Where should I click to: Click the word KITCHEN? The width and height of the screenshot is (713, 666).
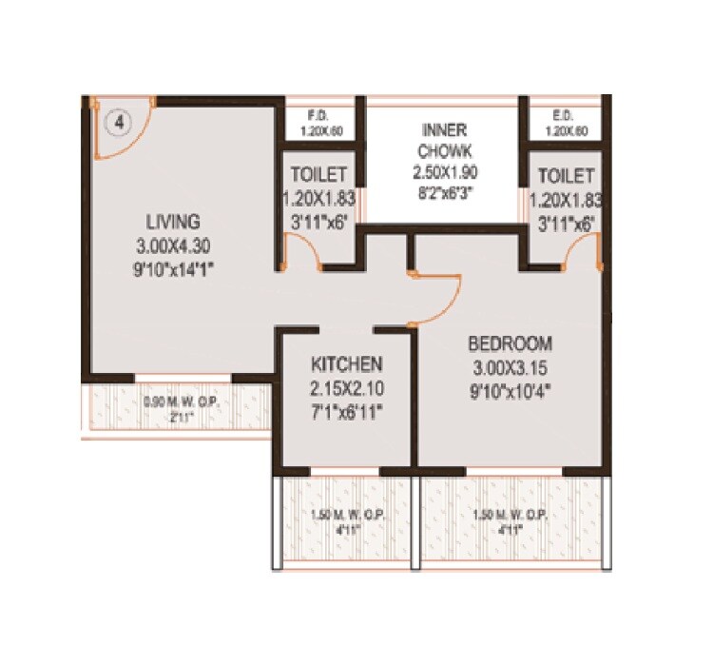click(x=346, y=364)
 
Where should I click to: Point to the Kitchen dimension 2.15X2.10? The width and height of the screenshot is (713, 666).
click(x=346, y=388)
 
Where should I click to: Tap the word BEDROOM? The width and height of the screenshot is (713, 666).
click(x=509, y=343)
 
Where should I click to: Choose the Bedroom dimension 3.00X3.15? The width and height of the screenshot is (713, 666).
click(x=509, y=366)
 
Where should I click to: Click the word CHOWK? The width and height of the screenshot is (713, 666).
click(x=443, y=150)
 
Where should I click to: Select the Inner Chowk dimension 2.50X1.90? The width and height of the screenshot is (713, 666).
click(x=443, y=172)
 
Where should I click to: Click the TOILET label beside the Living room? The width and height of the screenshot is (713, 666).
click(x=318, y=176)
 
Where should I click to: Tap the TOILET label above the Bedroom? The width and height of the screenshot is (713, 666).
click(x=566, y=176)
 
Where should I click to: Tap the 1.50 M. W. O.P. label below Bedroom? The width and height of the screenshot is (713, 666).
click(x=510, y=517)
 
